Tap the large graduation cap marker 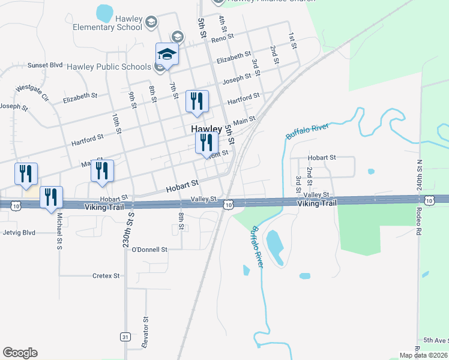point(167,55)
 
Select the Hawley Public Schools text point(109,66)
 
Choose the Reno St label point(221,38)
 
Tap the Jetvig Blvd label point(19,232)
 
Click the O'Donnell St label point(149,248)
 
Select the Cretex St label point(106,276)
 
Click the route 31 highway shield point(125,337)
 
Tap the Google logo point(20,353)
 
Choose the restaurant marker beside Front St point(206,143)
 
